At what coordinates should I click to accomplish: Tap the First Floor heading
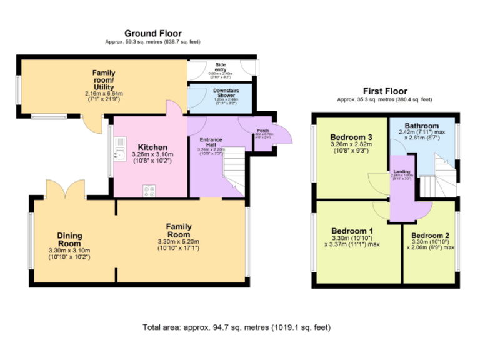(384, 91)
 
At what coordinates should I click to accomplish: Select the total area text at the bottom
(236, 327)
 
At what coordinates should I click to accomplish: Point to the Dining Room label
(70, 239)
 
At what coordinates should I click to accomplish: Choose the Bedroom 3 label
(352, 137)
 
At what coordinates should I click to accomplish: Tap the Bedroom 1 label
(352, 230)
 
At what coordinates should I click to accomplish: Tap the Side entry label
(220, 64)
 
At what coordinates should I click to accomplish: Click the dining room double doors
(65, 187)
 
